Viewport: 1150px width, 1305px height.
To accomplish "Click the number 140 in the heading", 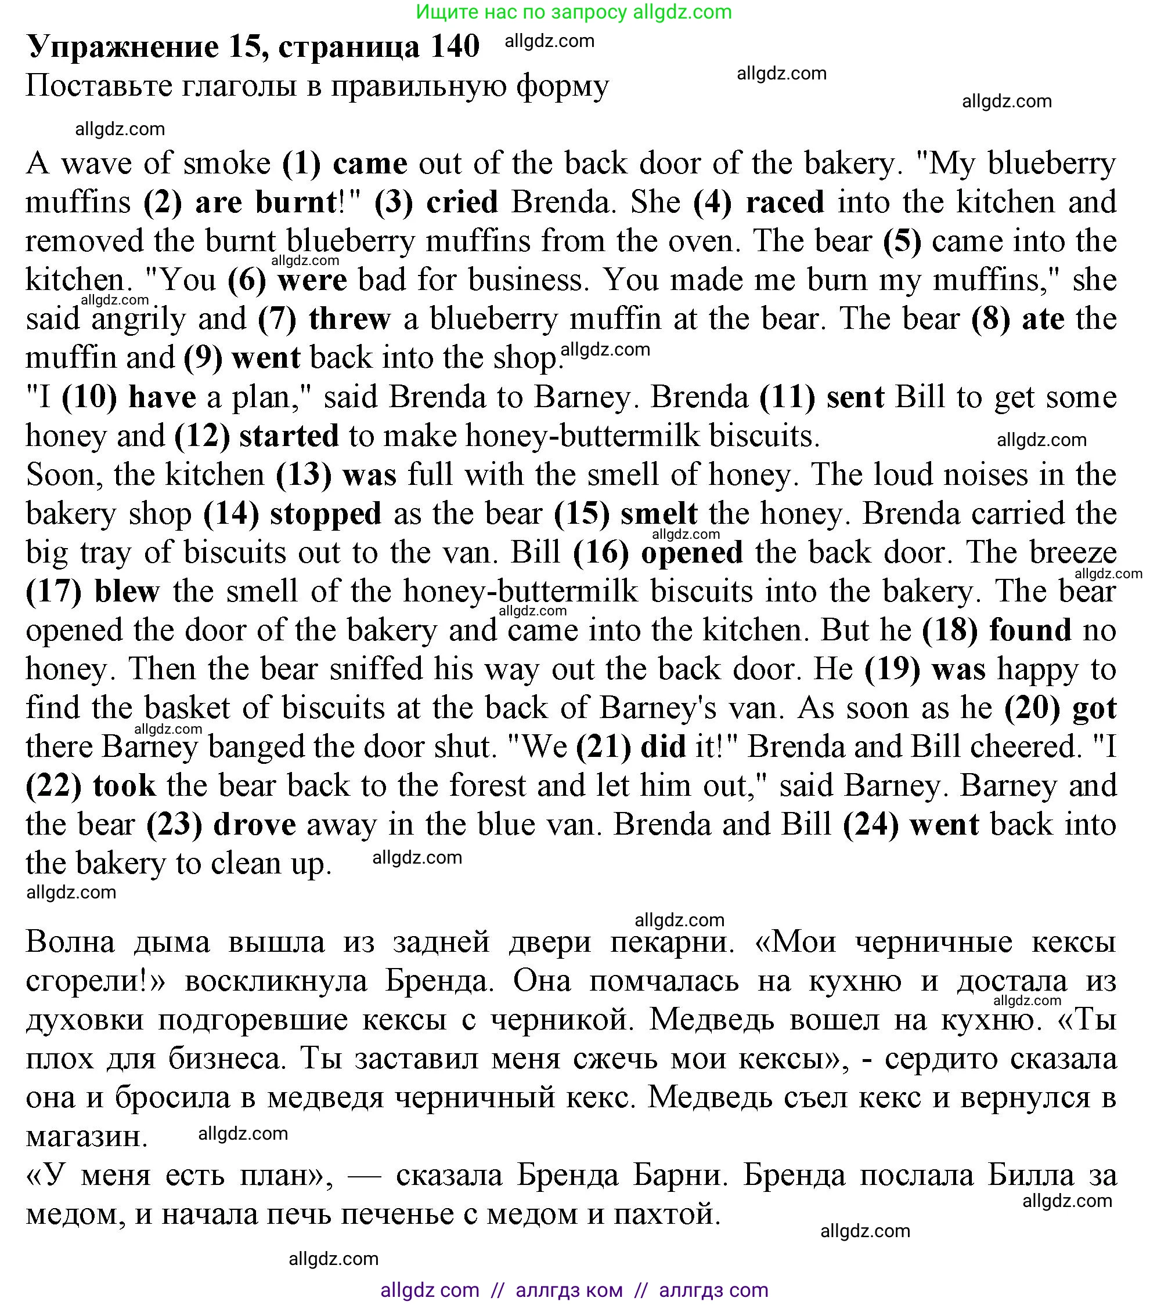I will tap(454, 46).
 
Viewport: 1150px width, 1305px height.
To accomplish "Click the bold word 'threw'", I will tap(349, 318).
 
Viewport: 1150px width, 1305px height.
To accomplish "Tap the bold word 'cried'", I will tap(462, 202).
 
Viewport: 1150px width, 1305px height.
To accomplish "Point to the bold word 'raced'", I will tap(785, 202).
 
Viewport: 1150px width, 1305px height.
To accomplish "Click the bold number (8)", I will tap(990, 318).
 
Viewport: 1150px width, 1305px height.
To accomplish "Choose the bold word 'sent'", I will tap(855, 397).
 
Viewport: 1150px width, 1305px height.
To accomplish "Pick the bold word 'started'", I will tap(289, 436).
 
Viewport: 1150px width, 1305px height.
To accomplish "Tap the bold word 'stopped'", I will tap(325, 514).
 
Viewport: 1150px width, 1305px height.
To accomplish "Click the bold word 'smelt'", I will tap(659, 514).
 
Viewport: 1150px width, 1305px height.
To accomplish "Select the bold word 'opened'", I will tap(692, 553).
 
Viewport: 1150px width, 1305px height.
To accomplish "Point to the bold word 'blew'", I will tap(127, 592).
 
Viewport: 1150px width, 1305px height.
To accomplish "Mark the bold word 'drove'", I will tap(254, 825).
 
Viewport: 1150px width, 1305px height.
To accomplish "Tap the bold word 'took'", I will tap(124, 786).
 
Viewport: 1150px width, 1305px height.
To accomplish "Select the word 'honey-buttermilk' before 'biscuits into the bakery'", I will tap(521, 592).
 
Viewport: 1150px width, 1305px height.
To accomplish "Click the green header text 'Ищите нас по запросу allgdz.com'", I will tap(574, 12).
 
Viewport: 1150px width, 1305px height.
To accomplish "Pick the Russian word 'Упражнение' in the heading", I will tap(122, 46).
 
